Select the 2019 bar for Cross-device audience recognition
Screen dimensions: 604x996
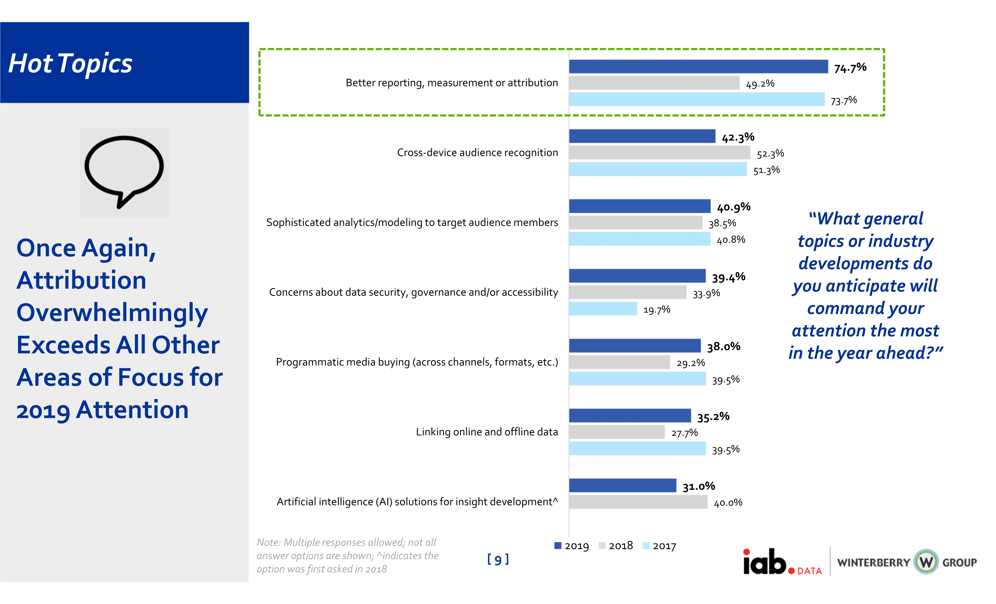(x=642, y=136)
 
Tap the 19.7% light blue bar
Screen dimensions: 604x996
(x=603, y=309)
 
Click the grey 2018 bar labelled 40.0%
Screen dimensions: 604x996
(x=638, y=502)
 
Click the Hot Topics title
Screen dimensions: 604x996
(x=70, y=64)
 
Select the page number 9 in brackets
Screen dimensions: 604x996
(x=498, y=559)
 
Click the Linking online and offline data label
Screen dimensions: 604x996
(x=487, y=432)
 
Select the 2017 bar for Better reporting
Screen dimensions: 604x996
(x=696, y=99)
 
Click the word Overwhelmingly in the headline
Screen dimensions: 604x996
(x=112, y=313)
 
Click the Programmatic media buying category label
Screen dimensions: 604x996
(x=417, y=362)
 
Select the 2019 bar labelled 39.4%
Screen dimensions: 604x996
(x=637, y=276)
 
